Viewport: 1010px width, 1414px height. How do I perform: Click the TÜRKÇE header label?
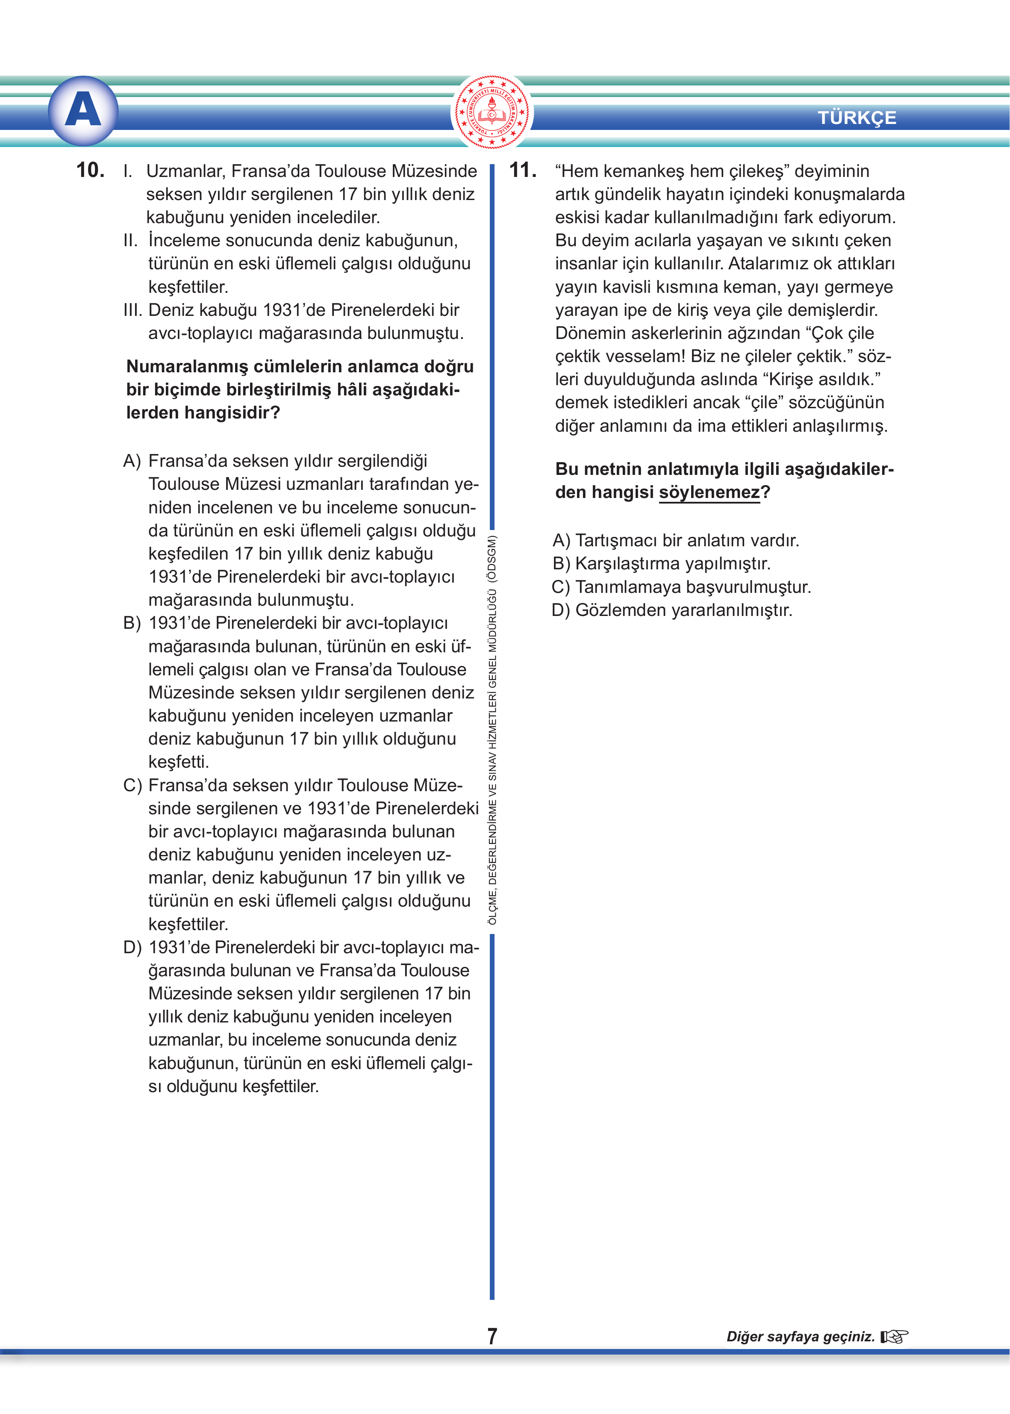857,118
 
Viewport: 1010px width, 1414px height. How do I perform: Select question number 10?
90,170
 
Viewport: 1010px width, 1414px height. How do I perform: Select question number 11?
522,170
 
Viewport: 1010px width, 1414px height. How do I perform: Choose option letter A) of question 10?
132,461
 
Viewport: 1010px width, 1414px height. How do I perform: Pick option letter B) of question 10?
132,623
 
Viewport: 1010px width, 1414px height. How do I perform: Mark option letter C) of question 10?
132,785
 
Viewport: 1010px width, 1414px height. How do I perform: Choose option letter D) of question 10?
132,947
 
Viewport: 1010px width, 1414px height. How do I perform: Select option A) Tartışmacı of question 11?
675,540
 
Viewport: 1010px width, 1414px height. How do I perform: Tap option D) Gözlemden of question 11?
671,610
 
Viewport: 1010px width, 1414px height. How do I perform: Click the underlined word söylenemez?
709,492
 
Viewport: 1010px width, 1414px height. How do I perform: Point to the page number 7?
492,1336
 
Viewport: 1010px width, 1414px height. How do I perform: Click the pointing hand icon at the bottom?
894,1336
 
